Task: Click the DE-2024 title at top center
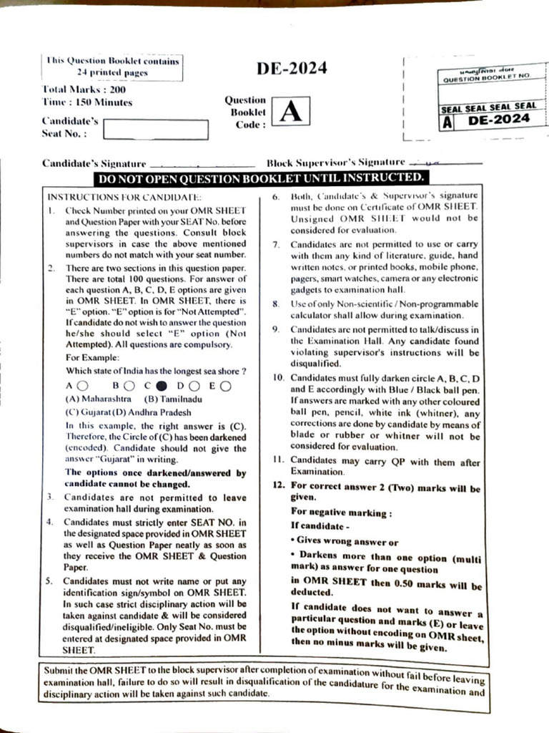click(x=292, y=69)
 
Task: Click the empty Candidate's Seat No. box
click(x=156, y=130)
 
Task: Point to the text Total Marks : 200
click(x=84, y=90)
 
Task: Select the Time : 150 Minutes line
click(x=88, y=102)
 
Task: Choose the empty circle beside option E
click(x=225, y=386)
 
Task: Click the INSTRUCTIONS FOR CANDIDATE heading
click(x=124, y=196)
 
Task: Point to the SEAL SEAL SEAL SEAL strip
click(x=489, y=106)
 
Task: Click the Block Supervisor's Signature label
click(x=336, y=162)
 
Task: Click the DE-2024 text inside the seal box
click(x=500, y=119)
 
